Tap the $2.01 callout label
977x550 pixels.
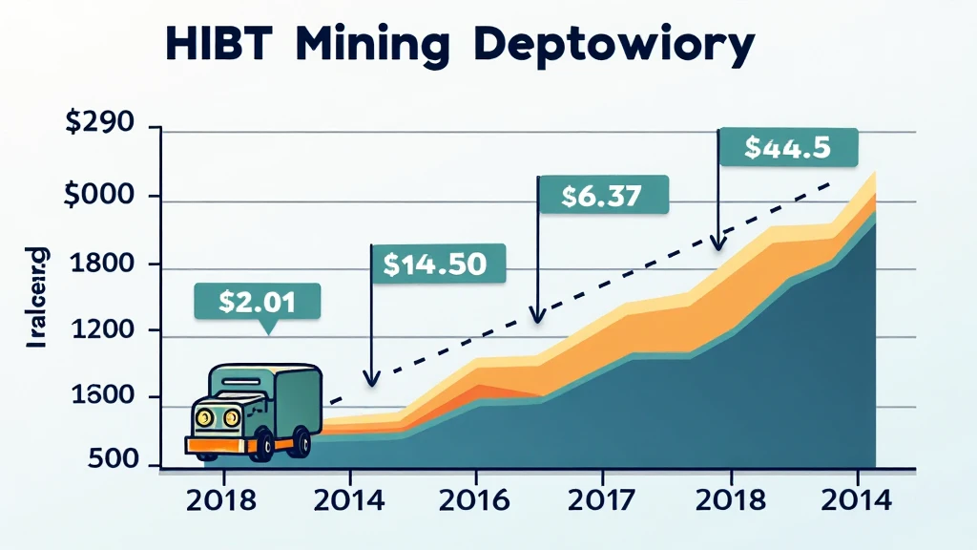click(257, 301)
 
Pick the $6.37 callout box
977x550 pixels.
click(603, 195)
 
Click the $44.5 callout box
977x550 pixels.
click(787, 147)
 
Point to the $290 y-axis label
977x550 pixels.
click(99, 126)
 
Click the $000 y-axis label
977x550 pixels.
click(99, 198)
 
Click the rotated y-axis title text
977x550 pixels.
click(39, 296)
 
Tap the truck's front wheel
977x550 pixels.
click(260, 445)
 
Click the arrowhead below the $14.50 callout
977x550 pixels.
click(372, 380)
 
